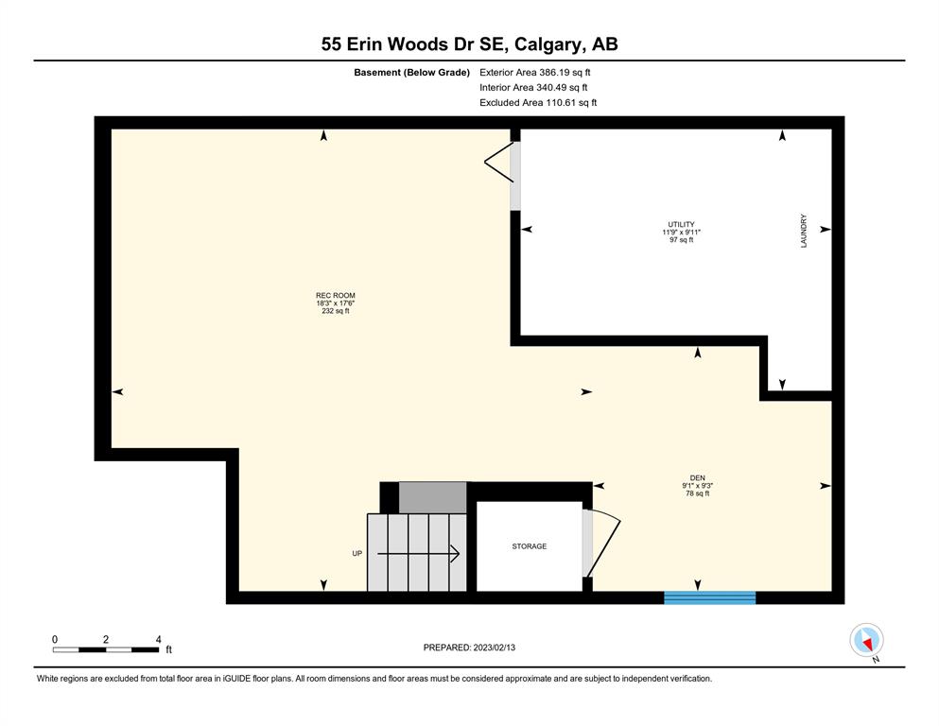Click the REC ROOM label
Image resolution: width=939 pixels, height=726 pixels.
[336, 295]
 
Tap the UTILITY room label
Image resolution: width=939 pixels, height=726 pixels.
[682, 224]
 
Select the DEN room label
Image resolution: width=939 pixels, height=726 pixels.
[698, 477]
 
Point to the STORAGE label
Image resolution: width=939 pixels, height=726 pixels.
[530, 545]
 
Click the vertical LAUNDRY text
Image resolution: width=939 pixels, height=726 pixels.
[804, 231]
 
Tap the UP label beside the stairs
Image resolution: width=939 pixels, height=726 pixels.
[356, 553]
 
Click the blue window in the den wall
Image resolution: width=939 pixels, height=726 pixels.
[709, 597]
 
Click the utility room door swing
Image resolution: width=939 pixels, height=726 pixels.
[498, 162]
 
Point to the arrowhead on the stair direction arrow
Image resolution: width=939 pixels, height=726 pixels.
[456, 554]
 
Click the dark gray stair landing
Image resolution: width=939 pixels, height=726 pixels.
[432, 497]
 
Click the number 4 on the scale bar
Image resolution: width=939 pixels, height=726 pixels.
[158, 639]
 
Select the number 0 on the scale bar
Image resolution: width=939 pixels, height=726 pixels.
[55, 639]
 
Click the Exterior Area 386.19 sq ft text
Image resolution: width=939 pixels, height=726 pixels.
[535, 73]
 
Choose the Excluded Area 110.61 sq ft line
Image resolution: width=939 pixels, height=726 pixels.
[538, 102]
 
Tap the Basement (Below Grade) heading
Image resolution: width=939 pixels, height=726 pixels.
[411, 73]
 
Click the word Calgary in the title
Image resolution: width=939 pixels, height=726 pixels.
[547, 44]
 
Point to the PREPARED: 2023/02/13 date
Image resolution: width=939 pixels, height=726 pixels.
[469, 647]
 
